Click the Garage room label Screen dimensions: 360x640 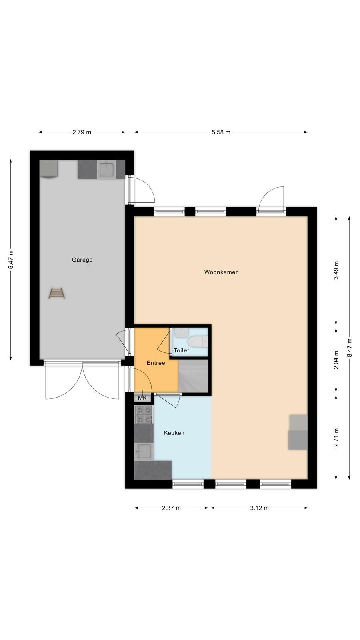point(82,260)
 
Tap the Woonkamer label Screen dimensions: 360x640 point(221,272)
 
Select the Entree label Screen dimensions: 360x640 point(156,363)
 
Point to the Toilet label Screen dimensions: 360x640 point(182,350)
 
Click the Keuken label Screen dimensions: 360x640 point(174,433)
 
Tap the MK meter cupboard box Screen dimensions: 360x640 point(142,398)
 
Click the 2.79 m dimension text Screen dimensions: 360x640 point(82,132)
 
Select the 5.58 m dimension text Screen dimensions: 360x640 point(221,132)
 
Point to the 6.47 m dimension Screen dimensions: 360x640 point(11,260)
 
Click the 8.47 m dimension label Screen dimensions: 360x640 point(349,348)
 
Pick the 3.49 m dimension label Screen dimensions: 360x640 point(336,270)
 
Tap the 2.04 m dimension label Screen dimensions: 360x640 point(336,360)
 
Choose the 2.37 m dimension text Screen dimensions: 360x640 point(172,508)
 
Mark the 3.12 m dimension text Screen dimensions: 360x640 point(260,508)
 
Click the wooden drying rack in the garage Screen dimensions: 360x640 point(56,293)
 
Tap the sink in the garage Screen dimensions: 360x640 point(106,169)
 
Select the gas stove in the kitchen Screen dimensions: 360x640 point(144,414)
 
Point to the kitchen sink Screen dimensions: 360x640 point(144,452)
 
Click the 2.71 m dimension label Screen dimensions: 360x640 point(336,437)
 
